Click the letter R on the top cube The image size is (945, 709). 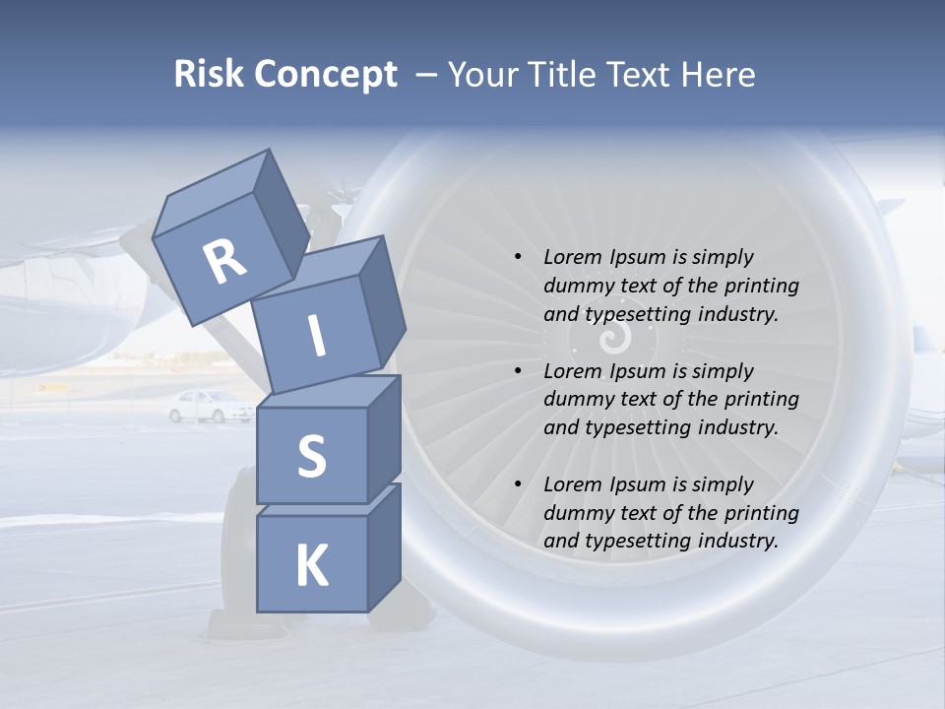click(225, 262)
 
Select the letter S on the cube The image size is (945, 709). click(311, 457)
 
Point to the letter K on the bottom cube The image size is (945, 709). click(311, 566)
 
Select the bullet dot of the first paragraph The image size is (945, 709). click(519, 257)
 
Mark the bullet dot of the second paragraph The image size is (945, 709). click(519, 371)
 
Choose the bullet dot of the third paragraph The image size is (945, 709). click(519, 484)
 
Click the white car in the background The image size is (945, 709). click(210, 406)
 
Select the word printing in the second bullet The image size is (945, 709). click(762, 400)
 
